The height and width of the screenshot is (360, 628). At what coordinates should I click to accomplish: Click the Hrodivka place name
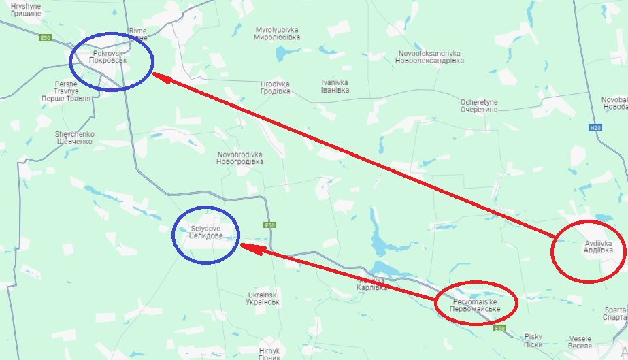275,87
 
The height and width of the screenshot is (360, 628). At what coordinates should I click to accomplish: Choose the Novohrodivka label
239,159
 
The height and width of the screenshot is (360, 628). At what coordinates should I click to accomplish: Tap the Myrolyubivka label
278,34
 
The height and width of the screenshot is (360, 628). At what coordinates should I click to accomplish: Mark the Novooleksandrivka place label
429,56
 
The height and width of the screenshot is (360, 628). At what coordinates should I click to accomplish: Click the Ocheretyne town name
479,105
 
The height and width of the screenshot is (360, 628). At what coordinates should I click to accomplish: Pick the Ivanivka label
335,86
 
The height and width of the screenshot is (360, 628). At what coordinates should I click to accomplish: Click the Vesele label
580,342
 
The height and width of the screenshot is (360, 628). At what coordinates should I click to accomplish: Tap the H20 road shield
595,127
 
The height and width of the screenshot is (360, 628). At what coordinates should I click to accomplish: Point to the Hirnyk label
265,353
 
